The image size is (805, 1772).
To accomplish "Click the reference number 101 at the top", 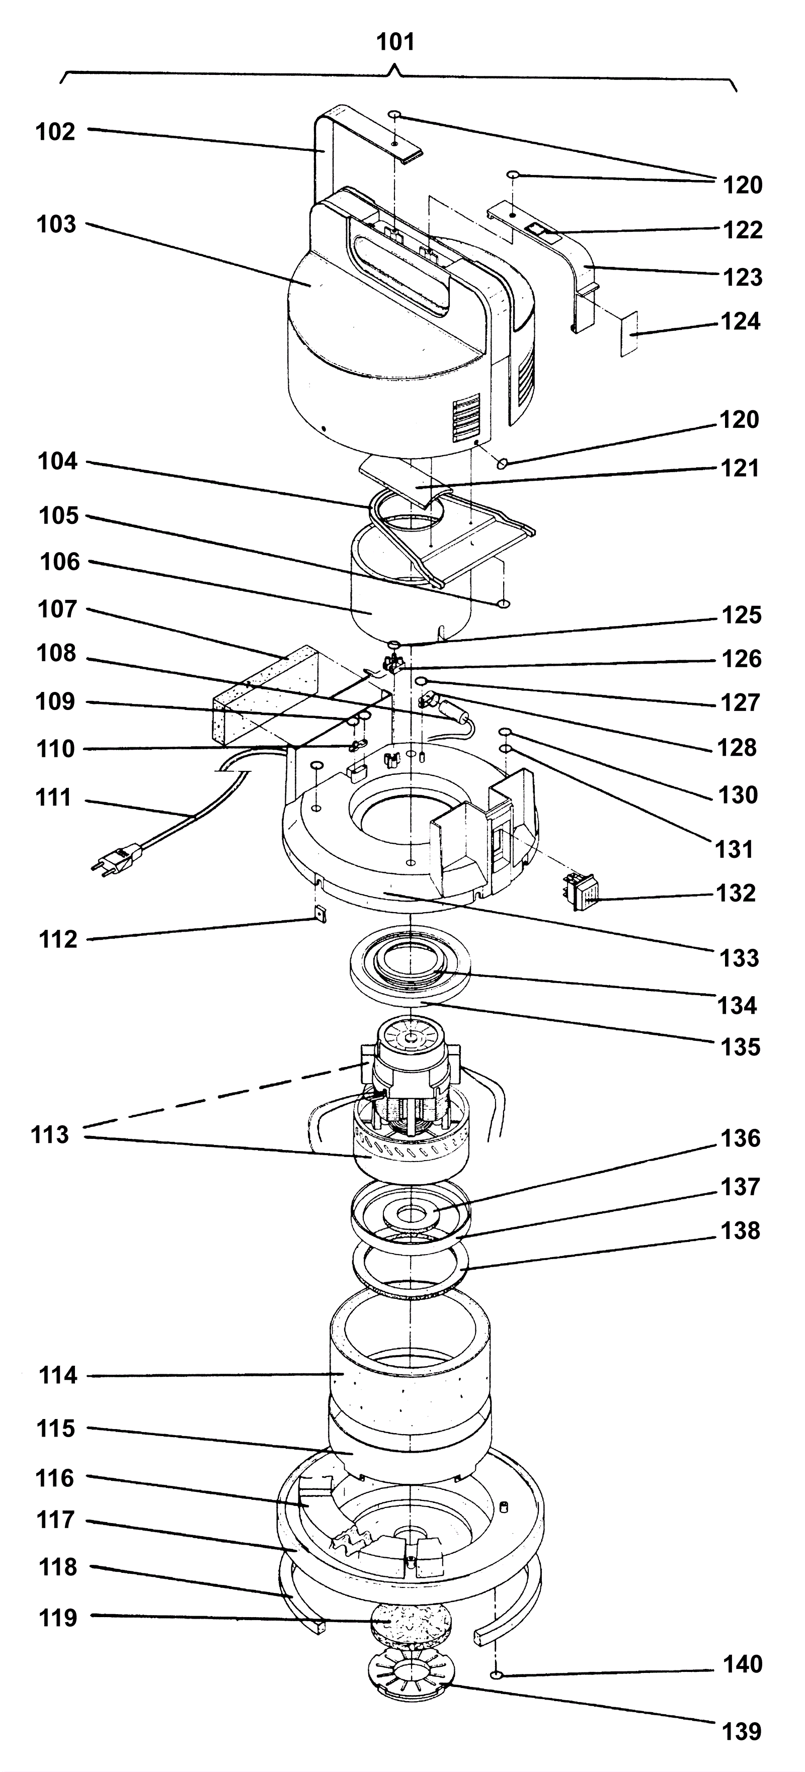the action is click(395, 43).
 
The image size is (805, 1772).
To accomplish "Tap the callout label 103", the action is click(56, 224).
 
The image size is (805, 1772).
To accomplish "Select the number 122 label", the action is click(743, 230).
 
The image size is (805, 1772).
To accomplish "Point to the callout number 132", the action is click(736, 893).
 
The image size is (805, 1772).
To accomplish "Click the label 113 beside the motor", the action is click(50, 1134).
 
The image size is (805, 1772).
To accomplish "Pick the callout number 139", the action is click(742, 1731).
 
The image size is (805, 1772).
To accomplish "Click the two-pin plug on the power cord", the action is click(116, 858).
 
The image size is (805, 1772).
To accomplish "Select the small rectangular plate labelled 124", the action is click(628, 333).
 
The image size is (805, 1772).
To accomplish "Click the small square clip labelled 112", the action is click(320, 914).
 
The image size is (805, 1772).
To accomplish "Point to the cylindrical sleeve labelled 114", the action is click(411, 1369).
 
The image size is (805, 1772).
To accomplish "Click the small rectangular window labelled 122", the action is click(543, 230).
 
